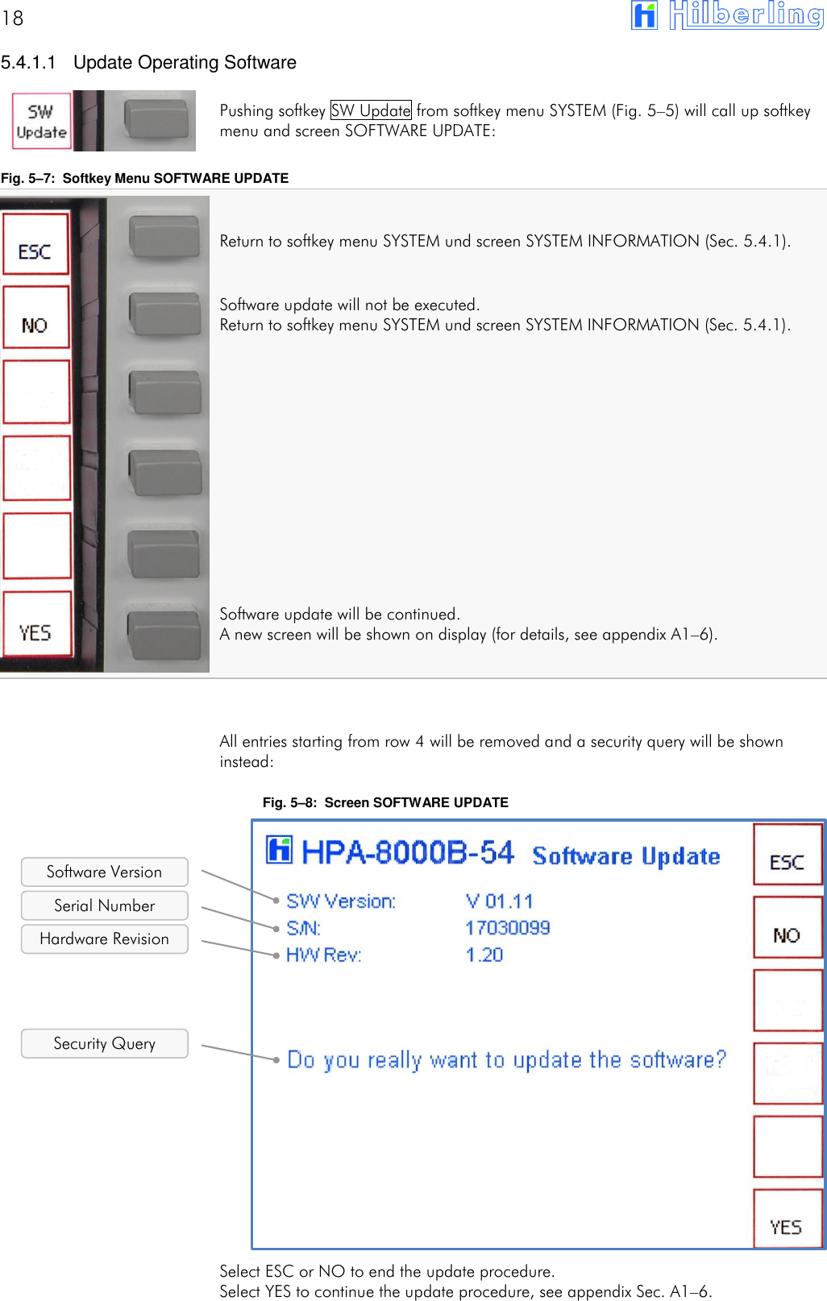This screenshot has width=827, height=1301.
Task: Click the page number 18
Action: click(13, 18)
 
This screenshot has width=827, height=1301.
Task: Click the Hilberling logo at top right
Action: click(726, 15)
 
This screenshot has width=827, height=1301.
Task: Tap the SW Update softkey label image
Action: click(42, 122)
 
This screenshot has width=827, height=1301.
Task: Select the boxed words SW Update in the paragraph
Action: click(371, 110)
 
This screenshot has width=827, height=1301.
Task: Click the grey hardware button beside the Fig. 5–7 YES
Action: click(164, 635)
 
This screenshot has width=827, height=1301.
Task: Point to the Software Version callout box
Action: click(104, 872)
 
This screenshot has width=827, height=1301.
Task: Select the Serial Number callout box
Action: click(104, 905)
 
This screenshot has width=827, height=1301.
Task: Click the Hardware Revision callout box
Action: click(104, 938)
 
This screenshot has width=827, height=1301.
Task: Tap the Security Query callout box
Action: click(104, 1043)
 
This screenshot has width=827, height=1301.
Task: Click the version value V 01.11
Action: click(499, 901)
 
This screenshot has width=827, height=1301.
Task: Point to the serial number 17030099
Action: click(507, 928)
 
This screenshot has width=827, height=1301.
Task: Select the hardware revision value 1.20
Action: click(484, 955)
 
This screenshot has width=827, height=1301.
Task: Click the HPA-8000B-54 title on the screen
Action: click(407, 852)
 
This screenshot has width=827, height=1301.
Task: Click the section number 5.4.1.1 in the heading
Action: click(29, 63)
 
